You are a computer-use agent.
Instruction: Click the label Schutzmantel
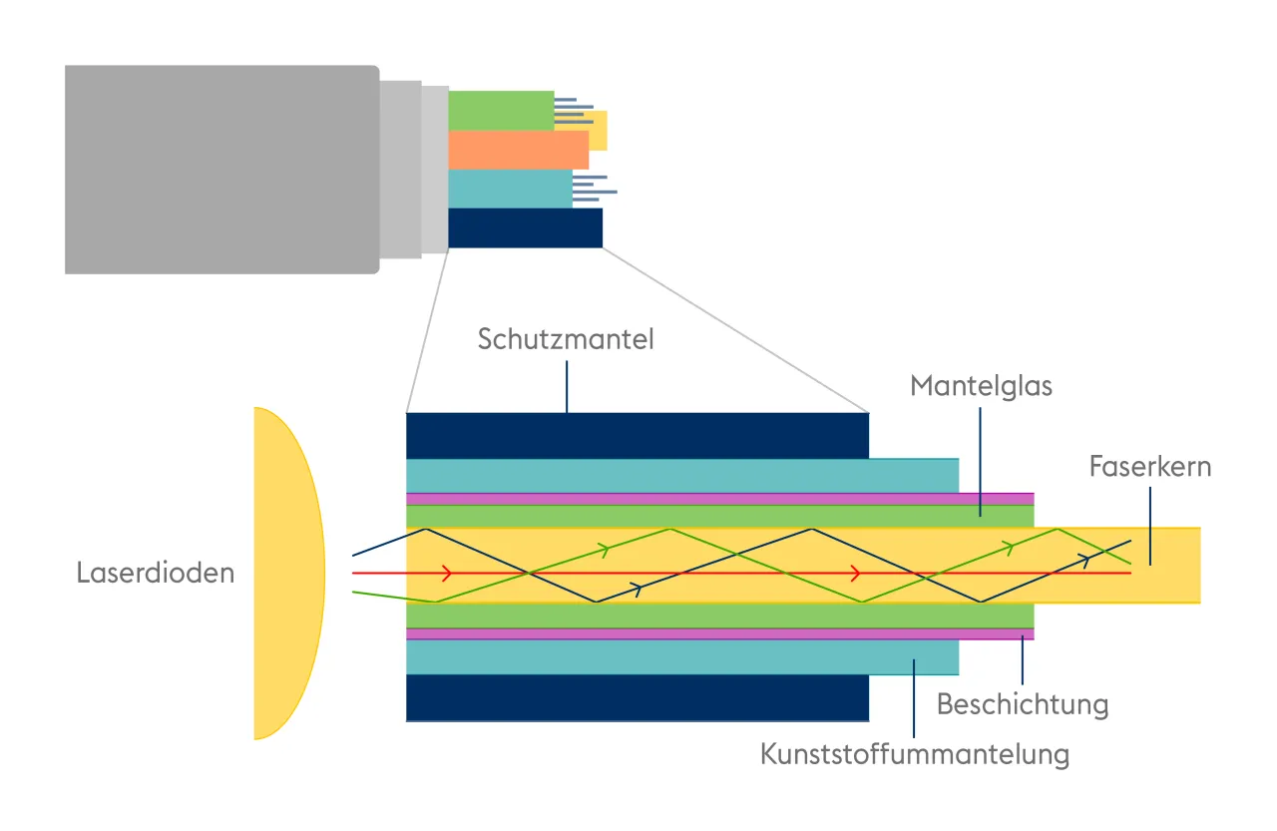(566, 339)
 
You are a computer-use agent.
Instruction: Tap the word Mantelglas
(981, 385)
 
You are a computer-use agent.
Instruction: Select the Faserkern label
(1150, 466)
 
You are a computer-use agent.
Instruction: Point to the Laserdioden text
(156, 574)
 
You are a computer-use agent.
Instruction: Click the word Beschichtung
(1023, 704)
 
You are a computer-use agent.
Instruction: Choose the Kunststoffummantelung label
(915, 754)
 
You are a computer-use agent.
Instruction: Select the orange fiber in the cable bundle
(518, 150)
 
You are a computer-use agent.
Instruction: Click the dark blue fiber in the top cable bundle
(525, 227)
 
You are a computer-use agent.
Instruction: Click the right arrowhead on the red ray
(855, 574)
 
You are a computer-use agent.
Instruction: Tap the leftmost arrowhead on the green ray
(603, 548)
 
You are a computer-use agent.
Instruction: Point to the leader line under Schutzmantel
(567, 386)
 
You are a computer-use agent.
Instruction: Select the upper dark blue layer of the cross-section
(637, 435)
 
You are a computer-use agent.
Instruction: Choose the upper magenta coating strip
(718, 499)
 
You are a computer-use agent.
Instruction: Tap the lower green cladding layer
(718, 616)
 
